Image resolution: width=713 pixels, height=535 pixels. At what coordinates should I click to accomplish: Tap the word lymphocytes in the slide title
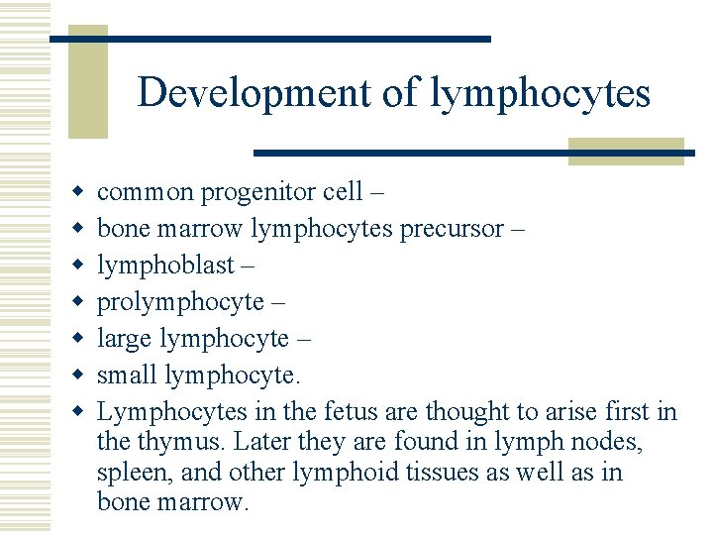coord(541,93)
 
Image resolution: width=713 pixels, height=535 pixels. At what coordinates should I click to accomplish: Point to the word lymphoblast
coord(165,265)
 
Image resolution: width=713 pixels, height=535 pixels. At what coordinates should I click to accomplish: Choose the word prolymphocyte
coord(180,301)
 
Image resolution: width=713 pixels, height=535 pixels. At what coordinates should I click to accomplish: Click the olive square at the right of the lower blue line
coord(626,151)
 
